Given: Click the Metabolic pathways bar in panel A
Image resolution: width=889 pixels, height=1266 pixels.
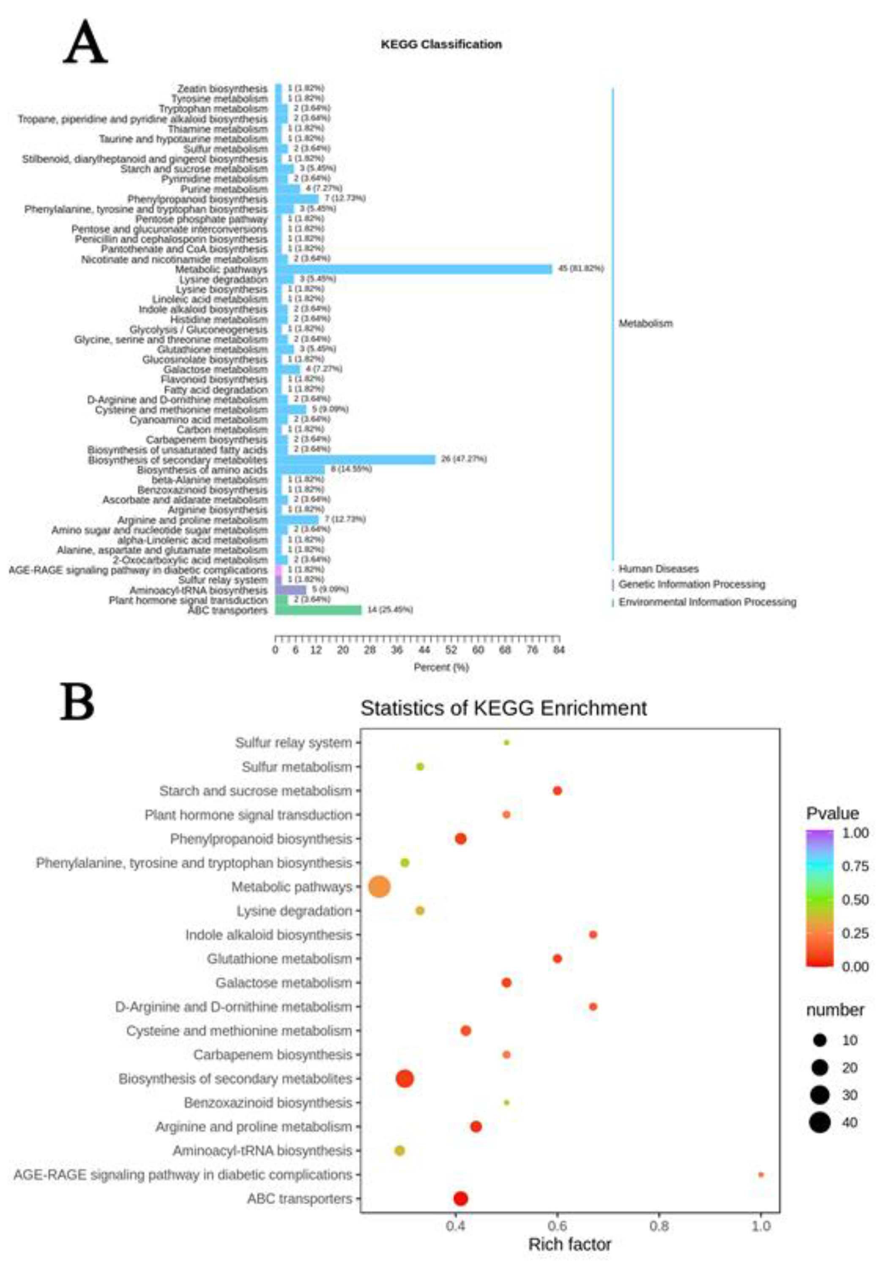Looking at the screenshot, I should coord(413,269).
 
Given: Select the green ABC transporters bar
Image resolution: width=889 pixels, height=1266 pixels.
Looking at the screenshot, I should coord(318,610).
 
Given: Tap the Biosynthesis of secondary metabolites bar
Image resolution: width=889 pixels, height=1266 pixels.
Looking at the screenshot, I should coord(355,459).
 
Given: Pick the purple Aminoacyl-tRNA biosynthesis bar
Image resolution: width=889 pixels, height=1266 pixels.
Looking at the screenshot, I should coord(291,590).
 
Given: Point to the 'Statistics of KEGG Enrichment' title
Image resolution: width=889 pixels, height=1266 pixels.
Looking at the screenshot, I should coord(503,707).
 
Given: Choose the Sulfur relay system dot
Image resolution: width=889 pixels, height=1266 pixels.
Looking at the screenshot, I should coord(507,743).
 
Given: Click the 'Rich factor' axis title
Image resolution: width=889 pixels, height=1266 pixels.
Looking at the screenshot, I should coord(570,1244).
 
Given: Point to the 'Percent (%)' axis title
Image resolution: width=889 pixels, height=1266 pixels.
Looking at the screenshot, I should coord(441,667).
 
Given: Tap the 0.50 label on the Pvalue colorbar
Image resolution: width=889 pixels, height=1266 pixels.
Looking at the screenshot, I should coord(855,900).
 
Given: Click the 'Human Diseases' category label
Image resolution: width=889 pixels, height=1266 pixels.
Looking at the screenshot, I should coord(659,568).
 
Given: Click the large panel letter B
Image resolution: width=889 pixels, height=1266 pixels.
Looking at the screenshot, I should coord(77,702).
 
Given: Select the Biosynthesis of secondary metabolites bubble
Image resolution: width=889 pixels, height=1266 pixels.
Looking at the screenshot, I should coord(405,1078).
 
